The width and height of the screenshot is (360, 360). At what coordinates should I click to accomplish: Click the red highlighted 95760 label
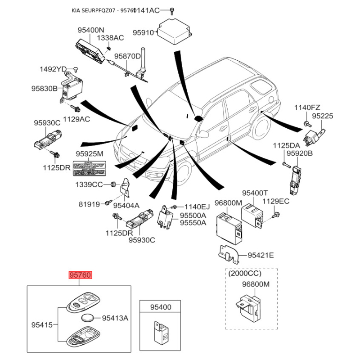[x=80, y=274]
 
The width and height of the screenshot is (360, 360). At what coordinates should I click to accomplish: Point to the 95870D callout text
[x=127, y=56]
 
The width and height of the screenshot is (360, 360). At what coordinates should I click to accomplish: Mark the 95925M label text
[x=89, y=154]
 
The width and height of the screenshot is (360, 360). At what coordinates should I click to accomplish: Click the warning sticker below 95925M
[x=90, y=171]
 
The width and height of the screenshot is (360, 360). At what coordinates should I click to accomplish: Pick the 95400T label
[x=255, y=193]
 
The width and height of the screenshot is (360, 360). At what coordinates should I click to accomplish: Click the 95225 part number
[x=323, y=116]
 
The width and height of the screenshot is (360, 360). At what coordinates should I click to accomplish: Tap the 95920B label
[x=300, y=154]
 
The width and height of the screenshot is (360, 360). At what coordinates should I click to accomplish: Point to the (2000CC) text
[x=245, y=273]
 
